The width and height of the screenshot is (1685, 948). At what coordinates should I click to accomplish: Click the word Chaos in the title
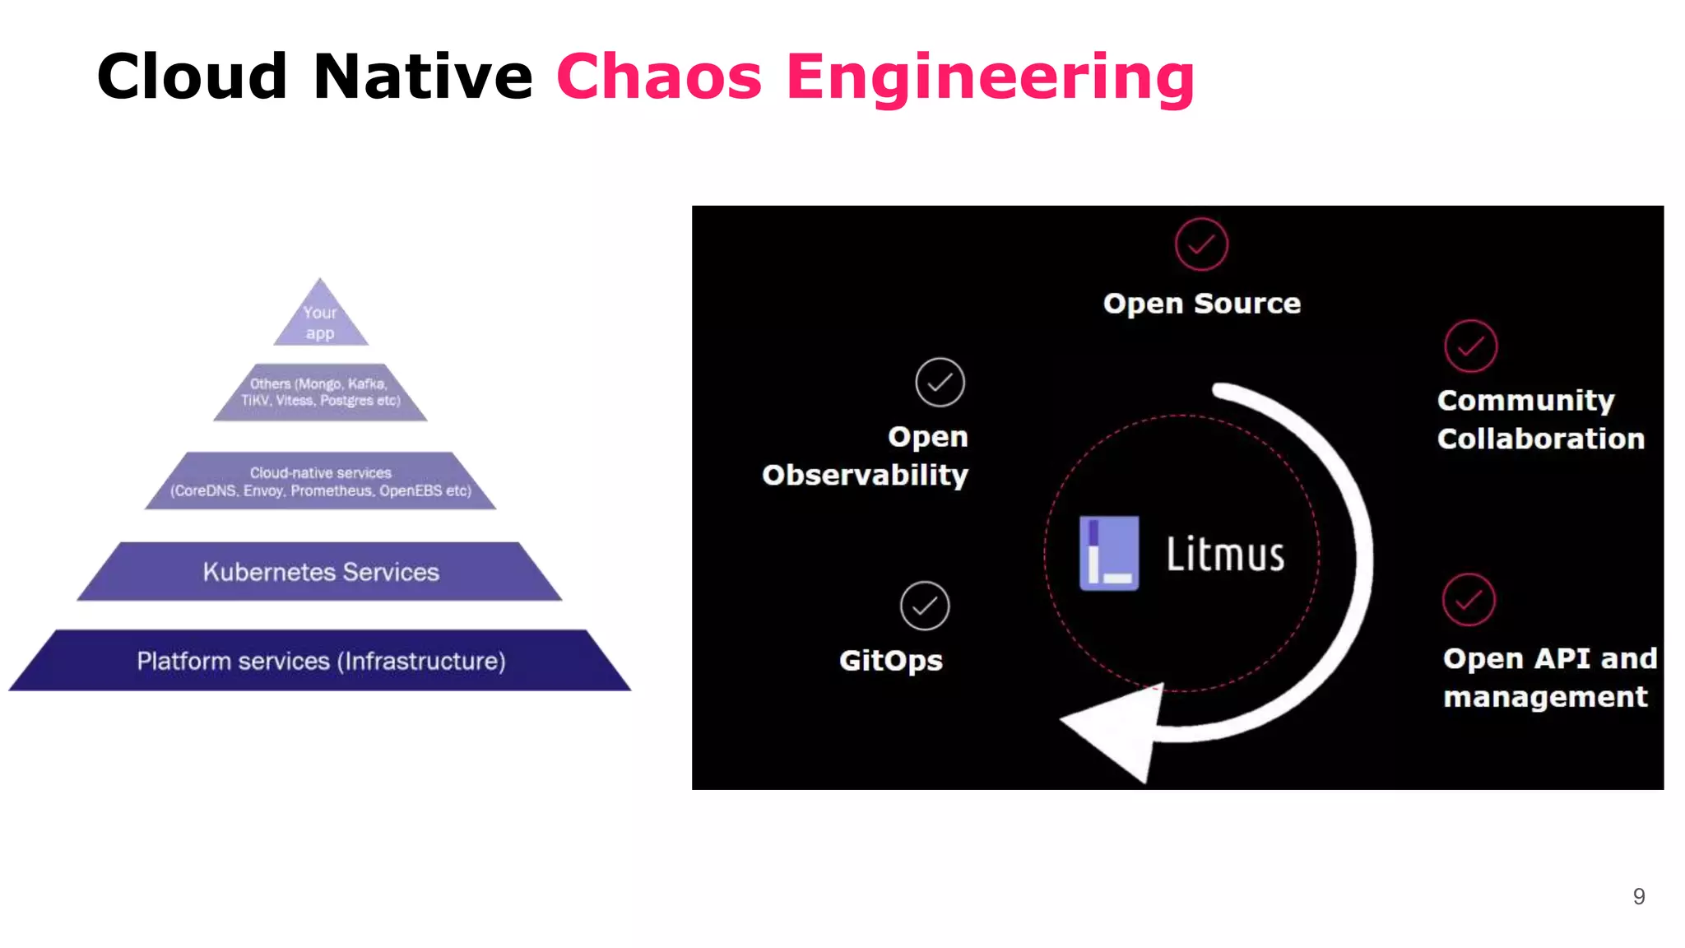tap(659, 77)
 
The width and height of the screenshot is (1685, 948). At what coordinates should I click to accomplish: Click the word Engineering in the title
tap(990, 77)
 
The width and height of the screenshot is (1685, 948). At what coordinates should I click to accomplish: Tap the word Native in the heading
tap(423, 77)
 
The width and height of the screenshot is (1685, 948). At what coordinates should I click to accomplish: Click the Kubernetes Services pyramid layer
tap(320, 572)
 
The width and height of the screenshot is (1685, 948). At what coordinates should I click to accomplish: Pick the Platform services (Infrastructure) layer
tap(320, 661)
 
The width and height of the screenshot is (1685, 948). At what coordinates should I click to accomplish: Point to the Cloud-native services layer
tap(320, 481)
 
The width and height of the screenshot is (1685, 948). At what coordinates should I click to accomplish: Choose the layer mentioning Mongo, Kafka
tap(320, 393)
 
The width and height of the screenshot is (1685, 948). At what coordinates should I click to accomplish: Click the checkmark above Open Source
tap(1201, 244)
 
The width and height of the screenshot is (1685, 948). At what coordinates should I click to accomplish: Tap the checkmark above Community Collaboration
tap(1470, 346)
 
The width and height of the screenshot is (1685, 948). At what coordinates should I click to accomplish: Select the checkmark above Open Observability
tap(940, 382)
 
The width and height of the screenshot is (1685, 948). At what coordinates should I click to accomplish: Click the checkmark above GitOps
tap(925, 606)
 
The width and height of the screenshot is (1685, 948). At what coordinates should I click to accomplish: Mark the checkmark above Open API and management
tap(1469, 600)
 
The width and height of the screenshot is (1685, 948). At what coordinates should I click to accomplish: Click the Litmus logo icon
tap(1109, 553)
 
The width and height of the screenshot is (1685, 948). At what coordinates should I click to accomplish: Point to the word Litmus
tap(1225, 554)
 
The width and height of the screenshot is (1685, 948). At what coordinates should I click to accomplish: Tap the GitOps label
tap(890, 660)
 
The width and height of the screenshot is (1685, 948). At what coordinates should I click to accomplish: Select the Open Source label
tap(1201, 304)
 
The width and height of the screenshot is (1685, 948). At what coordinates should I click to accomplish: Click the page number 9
tap(1638, 896)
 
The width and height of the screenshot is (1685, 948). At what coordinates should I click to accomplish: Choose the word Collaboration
tap(1540, 439)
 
